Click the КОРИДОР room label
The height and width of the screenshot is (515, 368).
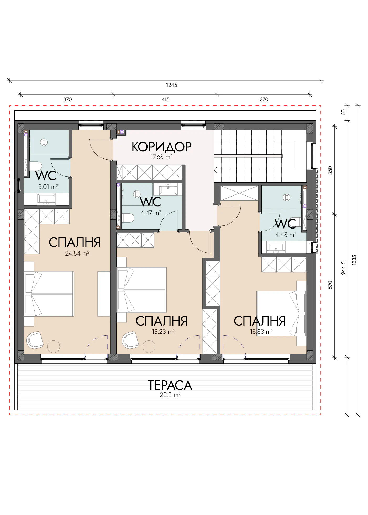[161, 147]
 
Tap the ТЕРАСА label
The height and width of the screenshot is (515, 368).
[170, 385]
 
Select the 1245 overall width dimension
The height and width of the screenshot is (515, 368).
[172, 85]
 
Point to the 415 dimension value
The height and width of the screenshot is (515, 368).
[165, 99]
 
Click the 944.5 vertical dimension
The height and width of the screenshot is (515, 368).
[343, 268]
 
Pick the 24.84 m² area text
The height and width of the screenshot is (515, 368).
[77, 253]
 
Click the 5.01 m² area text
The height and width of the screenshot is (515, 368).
[48, 187]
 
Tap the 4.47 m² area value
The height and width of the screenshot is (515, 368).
[151, 213]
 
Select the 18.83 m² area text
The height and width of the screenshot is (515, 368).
[261, 332]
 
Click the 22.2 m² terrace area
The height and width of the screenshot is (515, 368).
[170, 395]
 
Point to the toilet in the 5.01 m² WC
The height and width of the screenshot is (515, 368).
[35, 166]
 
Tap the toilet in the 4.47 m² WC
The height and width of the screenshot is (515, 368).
[128, 218]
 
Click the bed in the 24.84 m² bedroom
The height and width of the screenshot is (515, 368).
[49, 294]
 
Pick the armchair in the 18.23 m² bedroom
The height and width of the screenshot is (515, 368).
[130, 340]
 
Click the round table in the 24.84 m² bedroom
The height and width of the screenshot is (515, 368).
[54, 347]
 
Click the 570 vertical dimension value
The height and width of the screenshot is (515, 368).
[330, 285]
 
